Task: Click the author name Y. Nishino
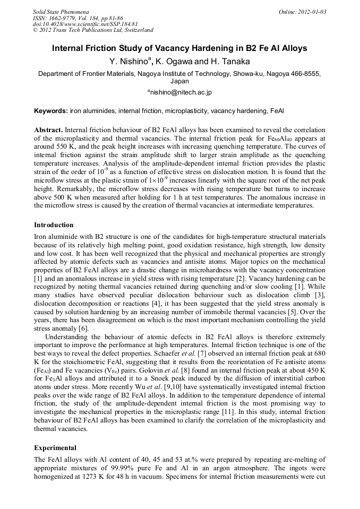129,62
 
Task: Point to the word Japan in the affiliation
179,82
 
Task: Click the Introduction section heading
54,225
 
